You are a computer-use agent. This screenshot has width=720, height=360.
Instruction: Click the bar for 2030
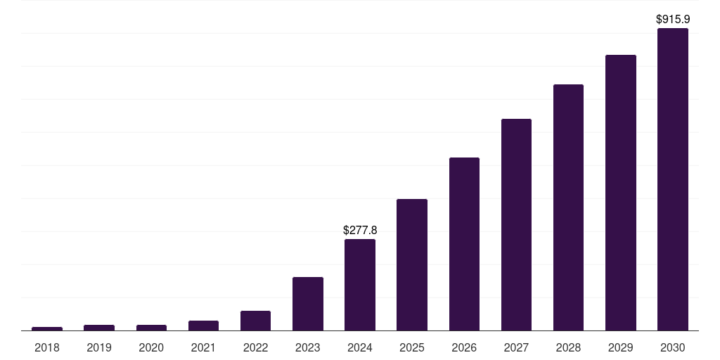(672, 179)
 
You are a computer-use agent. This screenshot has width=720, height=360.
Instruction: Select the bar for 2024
(360, 285)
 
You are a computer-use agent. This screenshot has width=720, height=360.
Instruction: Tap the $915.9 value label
(672, 20)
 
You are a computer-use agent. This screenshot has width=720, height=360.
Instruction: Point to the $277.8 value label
(360, 230)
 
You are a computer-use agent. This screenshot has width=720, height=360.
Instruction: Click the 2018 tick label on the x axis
(47, 347)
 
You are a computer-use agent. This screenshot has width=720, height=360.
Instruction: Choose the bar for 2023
(308, 304)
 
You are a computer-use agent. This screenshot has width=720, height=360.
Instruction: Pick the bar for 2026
(464, 244)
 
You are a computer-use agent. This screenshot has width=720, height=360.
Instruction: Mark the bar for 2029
(620, 193)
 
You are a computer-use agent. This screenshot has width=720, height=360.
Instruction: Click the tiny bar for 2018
(47, 328)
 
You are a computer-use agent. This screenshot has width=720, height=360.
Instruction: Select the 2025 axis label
(412, 347)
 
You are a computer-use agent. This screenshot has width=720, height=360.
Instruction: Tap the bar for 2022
(255, 321)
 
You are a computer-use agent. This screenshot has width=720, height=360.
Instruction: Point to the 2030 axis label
(672, 347)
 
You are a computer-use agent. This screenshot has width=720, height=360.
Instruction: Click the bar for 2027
(516, 225)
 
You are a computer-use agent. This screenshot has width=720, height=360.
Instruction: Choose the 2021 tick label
(203, 347)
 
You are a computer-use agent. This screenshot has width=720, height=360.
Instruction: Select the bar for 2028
(568, 207)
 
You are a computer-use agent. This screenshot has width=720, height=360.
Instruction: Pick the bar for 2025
(412, 265)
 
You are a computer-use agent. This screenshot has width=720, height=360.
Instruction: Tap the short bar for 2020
(151, 328)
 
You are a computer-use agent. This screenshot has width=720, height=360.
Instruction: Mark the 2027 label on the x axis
(516, 347)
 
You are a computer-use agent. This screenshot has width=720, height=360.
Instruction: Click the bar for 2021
(203, 326)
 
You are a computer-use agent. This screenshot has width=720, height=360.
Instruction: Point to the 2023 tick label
(308, 347)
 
